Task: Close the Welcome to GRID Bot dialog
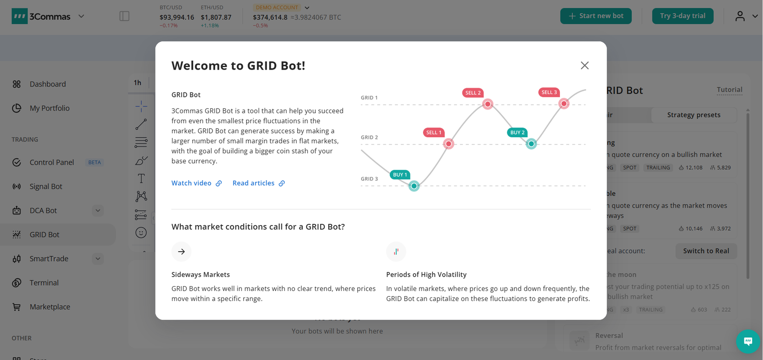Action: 585,65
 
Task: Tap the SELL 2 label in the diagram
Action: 473,93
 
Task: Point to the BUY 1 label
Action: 400,175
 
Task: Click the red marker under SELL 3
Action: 564,103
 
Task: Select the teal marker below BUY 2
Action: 531,144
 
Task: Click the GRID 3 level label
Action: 369,179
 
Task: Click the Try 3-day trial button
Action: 682,16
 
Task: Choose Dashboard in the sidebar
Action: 48,84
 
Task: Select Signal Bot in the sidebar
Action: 46,186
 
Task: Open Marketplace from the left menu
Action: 50,307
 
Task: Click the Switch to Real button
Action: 706,251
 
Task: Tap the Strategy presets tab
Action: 693,115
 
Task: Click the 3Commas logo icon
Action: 20,16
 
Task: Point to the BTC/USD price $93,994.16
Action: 176,17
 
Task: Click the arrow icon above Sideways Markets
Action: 181,252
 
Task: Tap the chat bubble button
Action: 748,341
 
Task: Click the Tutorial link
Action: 729,90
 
